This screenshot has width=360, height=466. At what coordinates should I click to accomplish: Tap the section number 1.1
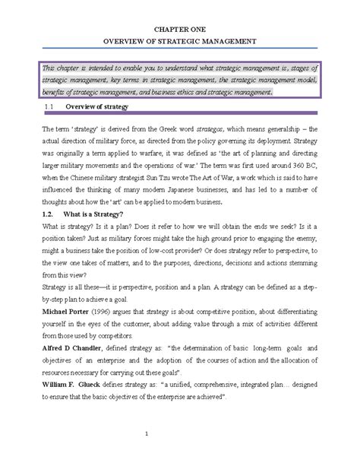(47, 107)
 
